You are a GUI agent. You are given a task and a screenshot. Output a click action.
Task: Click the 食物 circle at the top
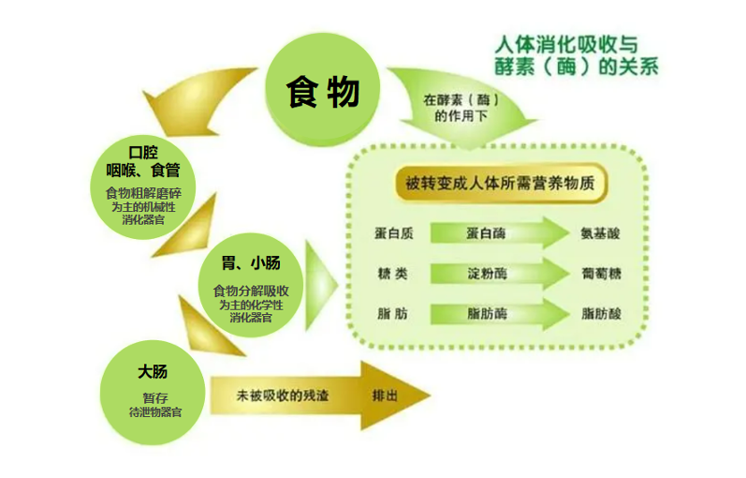point(323,91)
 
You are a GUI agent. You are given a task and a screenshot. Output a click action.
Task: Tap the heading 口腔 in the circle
point(148,152)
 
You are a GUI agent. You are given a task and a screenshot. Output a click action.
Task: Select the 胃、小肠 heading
point(250,263)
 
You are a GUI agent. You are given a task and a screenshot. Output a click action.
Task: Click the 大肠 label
point(152,372)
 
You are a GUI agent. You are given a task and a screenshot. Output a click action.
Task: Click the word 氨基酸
point(601,233)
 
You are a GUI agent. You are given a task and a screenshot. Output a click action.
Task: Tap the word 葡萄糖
point(601,274)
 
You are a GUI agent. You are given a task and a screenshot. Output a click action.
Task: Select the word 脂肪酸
point(601,314)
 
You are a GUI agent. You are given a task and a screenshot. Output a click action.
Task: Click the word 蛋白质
point(393,233)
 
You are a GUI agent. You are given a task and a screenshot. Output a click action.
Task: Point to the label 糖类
point(393,274)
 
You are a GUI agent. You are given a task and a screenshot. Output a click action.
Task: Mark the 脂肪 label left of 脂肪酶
point(393,314)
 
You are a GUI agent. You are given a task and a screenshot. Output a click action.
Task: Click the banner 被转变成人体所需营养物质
point(501,183)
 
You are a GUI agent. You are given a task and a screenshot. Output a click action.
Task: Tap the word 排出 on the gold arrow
point(385,396)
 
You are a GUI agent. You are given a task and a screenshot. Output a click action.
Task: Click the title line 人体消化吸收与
point(566,44)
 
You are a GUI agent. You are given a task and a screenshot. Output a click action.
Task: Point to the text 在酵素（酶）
point(459,98)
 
